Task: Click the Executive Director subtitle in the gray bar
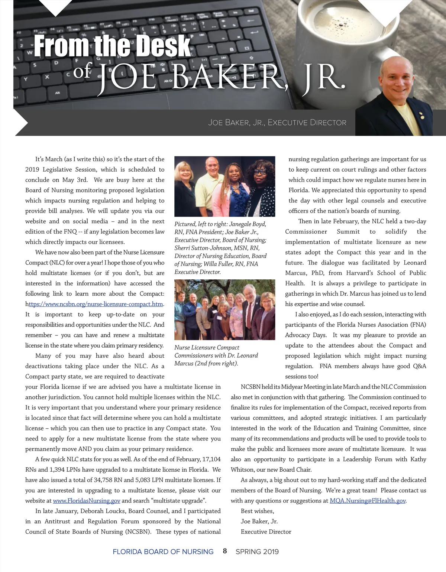(277, 123)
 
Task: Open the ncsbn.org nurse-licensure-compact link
(96, 304)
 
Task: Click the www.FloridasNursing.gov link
(87, 501)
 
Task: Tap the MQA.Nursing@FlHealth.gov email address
(368, 501)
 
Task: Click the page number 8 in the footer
(224, 551)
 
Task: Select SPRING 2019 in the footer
(257, 552)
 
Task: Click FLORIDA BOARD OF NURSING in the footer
(163, 552)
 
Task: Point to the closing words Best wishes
(257, 511)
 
